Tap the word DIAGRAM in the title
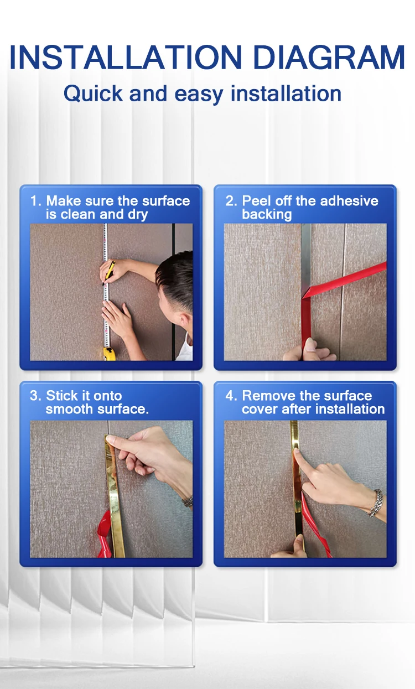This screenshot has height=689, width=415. coord(329,57)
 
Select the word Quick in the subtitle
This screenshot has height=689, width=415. coord(93,93)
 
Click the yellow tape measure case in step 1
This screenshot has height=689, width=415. coord(109,354)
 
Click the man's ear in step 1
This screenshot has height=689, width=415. coord(185,320)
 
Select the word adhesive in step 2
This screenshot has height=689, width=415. coord(349,201)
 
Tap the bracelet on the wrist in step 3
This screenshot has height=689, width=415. coord(187,502)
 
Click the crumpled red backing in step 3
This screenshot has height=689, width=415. coord(104,535)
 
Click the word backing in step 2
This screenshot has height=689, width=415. coord(267,215)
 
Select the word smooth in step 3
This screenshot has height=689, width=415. coord(69,409)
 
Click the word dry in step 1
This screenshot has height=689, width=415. coord(138,215)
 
